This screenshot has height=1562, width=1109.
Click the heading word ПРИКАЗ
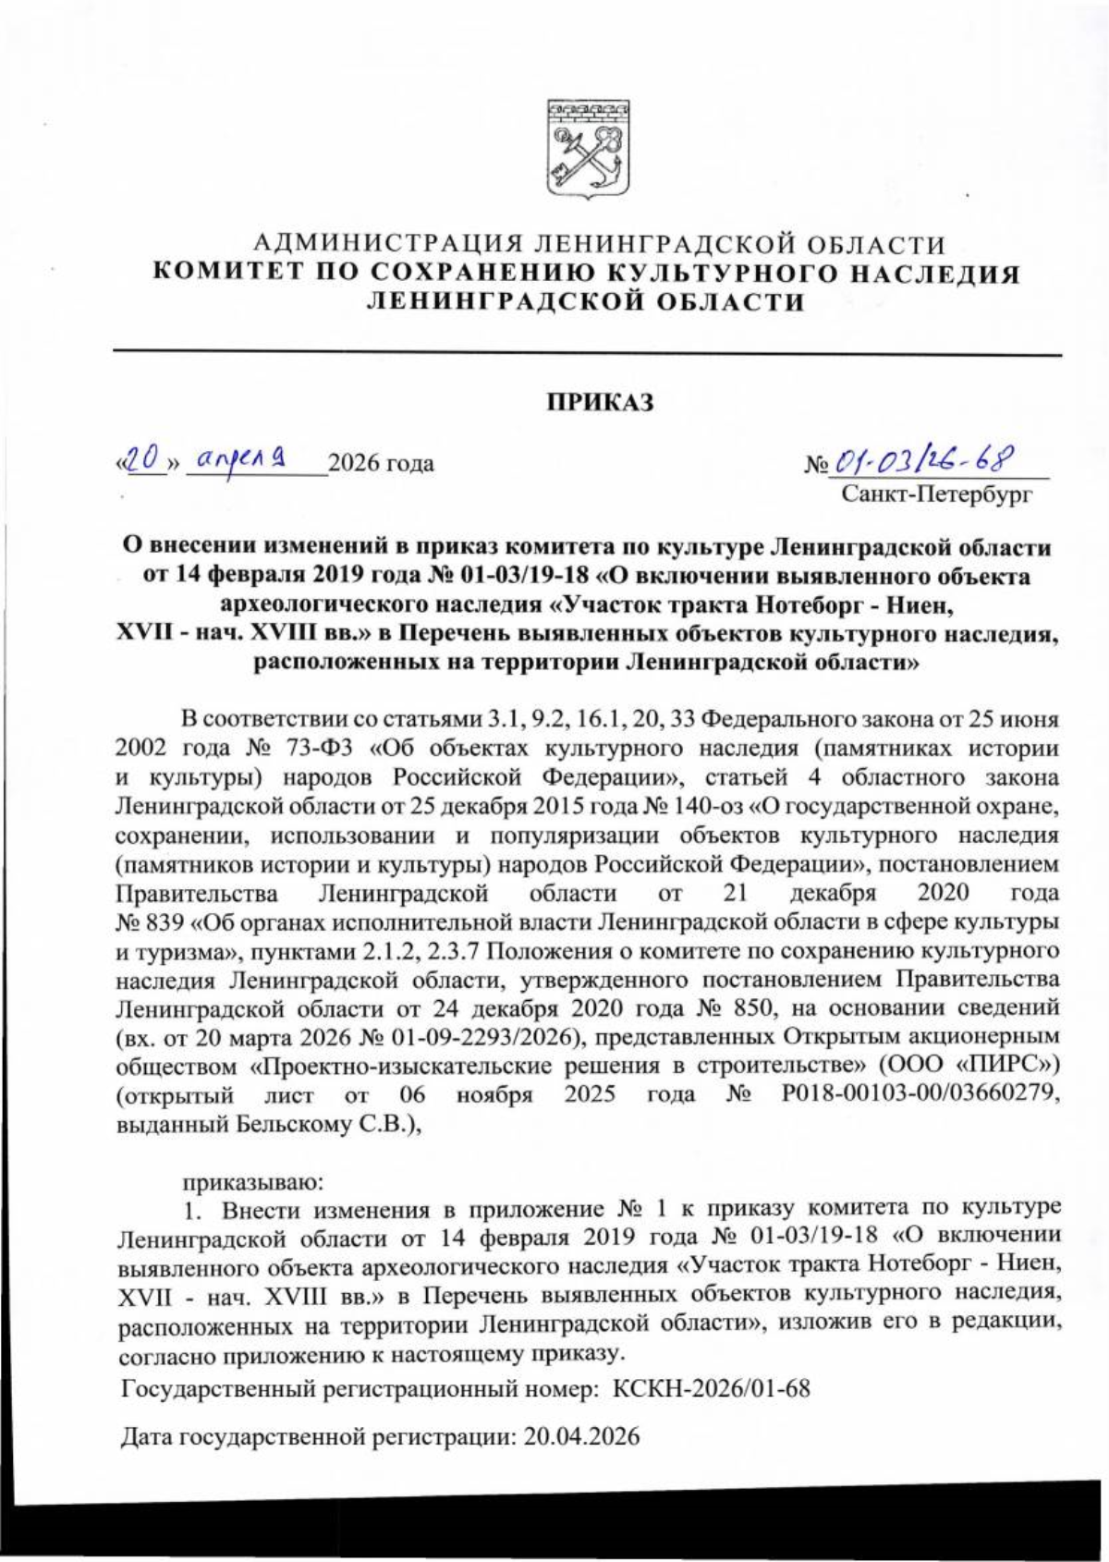click(599, 404)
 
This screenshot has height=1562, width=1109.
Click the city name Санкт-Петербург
click(936, 495)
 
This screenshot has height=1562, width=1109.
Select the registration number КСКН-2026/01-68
click(712, 1388)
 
